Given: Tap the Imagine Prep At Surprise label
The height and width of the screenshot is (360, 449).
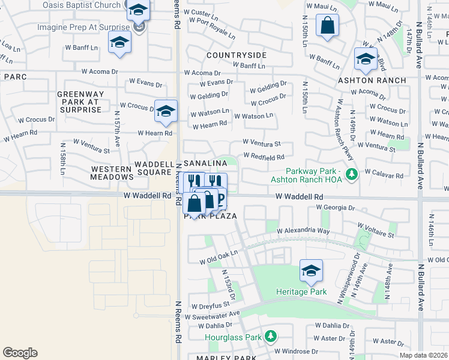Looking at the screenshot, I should (x=83, y=28).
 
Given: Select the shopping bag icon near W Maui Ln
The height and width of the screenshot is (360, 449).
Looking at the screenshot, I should (x=327, y=26).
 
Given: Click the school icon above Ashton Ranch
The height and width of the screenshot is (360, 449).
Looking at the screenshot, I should (x=365, y=58).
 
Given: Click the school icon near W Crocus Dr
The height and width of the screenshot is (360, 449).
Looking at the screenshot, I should (x=166, y=110).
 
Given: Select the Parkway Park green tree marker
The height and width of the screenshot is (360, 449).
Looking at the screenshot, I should (x=353, y=175).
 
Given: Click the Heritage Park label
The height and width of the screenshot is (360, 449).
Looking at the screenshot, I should (x=301, y=292).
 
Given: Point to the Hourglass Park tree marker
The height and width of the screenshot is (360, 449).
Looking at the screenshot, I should (x=271, y=336).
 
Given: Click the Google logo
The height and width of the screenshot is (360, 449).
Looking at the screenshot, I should (x=20, y=352).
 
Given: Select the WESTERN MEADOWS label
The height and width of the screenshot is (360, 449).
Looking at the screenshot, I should (x=112, y=173).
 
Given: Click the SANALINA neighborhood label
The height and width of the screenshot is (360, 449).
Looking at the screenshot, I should (x=205, y=163).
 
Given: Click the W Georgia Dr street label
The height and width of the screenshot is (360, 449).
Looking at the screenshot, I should (x=336, y=208).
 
